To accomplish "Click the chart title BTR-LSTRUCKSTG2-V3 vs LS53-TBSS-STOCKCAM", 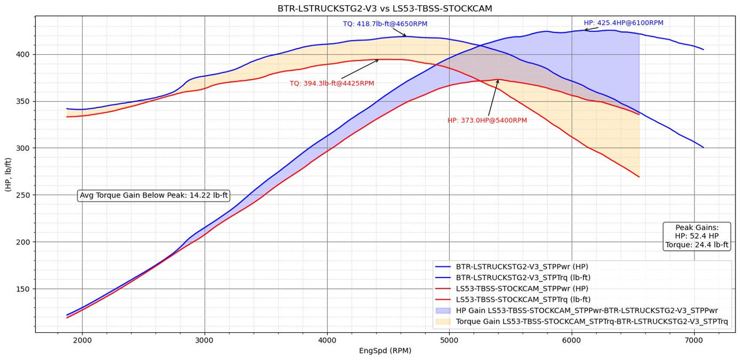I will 384,9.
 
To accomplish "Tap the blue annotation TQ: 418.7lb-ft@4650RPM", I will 385,24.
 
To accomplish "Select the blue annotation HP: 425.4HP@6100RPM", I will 623,23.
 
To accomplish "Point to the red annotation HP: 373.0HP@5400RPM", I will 487,121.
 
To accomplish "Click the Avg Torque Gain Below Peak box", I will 154,196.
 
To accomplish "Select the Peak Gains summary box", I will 697,236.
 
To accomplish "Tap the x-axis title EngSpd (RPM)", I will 384,351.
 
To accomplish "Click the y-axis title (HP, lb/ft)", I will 8,174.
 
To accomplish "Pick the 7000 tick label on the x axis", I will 694,340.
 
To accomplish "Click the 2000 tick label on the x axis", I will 82,340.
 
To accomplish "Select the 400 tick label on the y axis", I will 23,54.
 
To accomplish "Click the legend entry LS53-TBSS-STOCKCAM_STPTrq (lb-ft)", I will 523,299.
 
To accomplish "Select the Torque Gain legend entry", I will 591,321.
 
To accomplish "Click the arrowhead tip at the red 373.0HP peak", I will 498,80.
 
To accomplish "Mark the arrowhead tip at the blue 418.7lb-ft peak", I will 406,36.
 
